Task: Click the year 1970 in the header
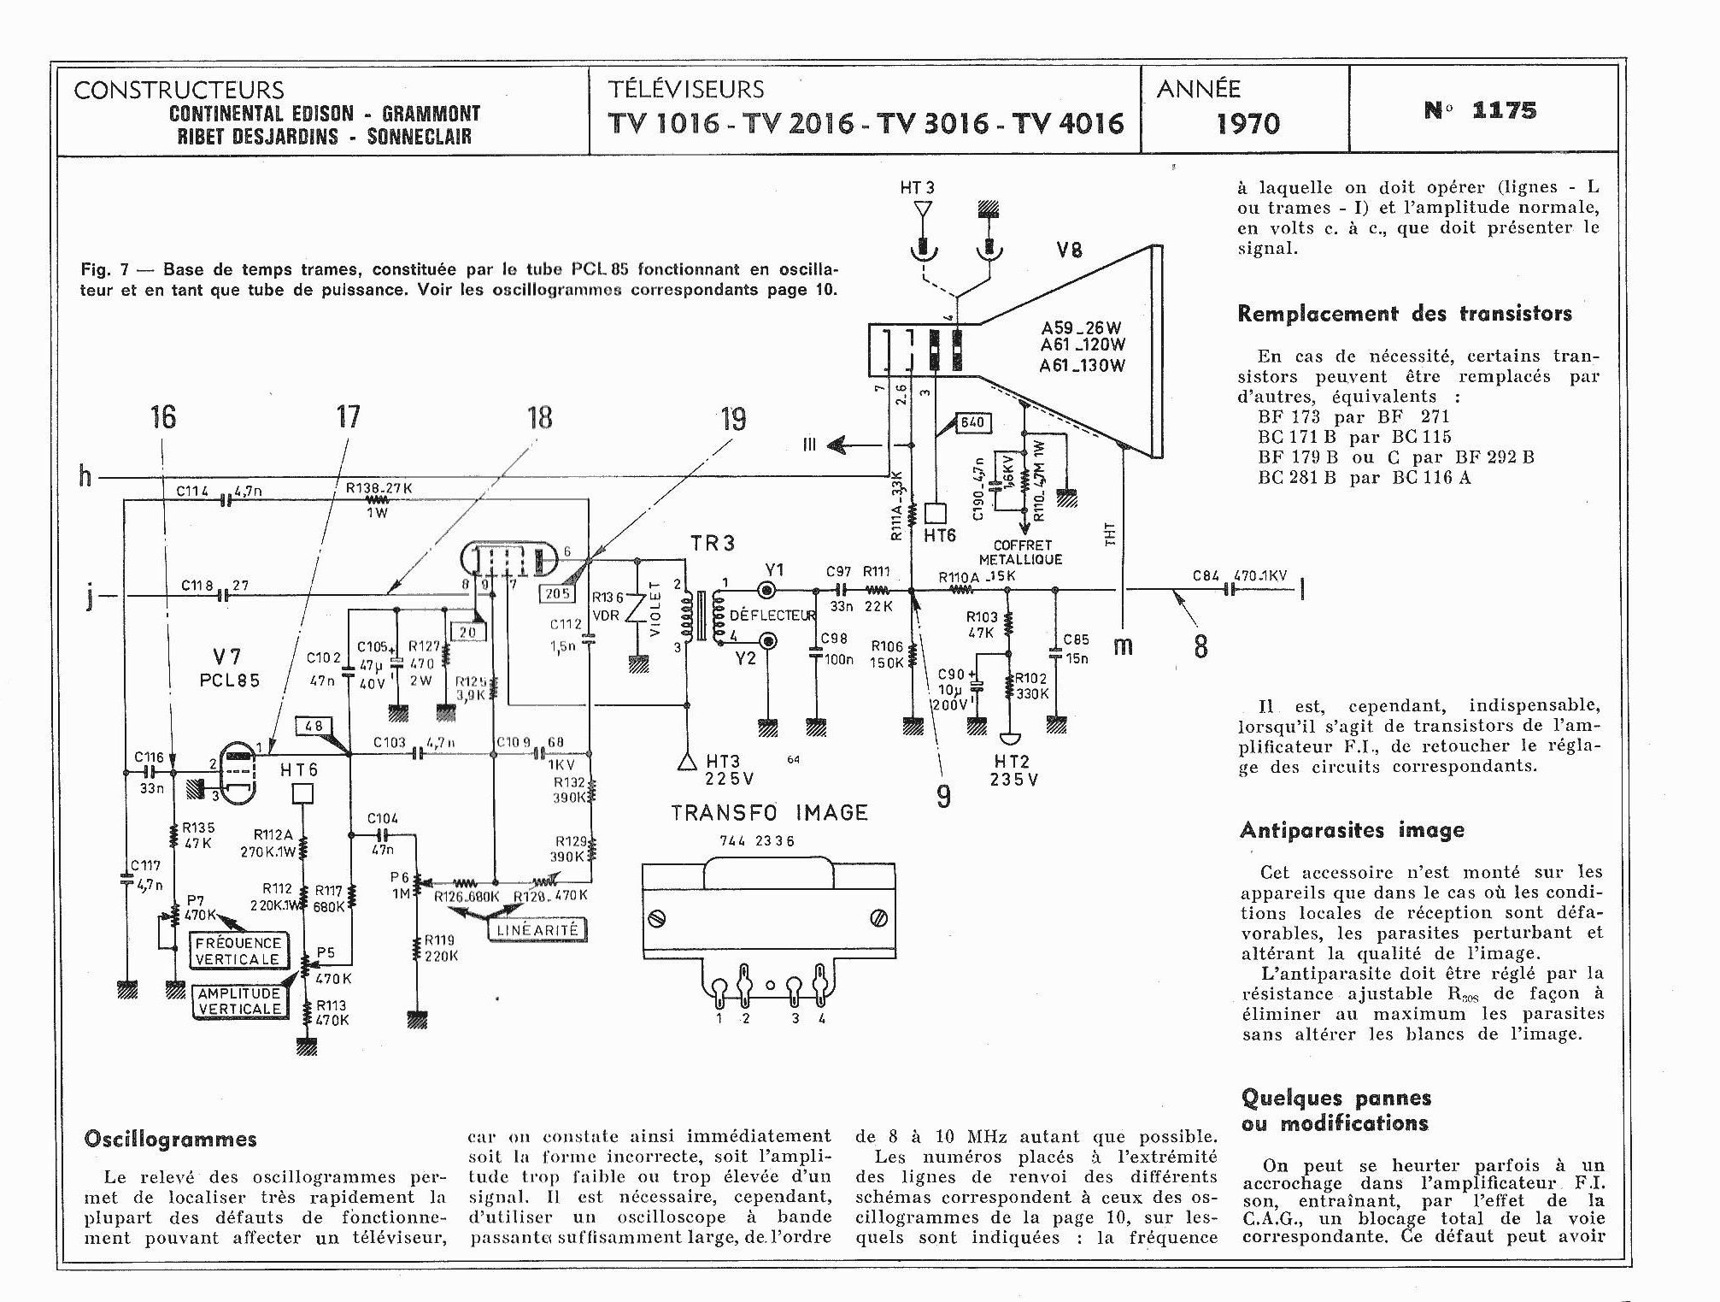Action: pyautogui.click(x=1247, y=125)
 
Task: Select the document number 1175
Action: pyautogui.click(x=1480, y=110)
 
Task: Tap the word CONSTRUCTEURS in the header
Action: pyautogui.click(x=179, y=90)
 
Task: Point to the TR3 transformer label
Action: pyautogui.click(x=712, y=543)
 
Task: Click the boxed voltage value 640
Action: pyautogui.click(x=972, y=422)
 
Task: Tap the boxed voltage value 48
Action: pyautogui.click(x=314, y=727)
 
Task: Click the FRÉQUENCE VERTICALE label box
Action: pyautogui.click(x=238, y=951)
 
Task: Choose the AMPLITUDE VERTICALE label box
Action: pyautogui.click(x=239, y=1001)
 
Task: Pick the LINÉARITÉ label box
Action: pyautogui.click(x=537, y=930)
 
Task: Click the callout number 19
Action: pyautogui.click(x=733, y=419)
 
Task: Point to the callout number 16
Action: pyautogui.click(x=163, y=417)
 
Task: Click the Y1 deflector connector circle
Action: pyautogui.click(x=768, y=590)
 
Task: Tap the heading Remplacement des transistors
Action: pyautogui.click(x=1404, y=314)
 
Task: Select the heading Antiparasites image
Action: pyautogui.click(x=1352, y=830)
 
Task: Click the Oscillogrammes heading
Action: pyautogui.click(x=170, y=1140)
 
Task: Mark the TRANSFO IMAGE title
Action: pyautogui.click(x=769, y=812)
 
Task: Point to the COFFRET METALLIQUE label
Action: pyautogui.click(x=1022, y=552)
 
